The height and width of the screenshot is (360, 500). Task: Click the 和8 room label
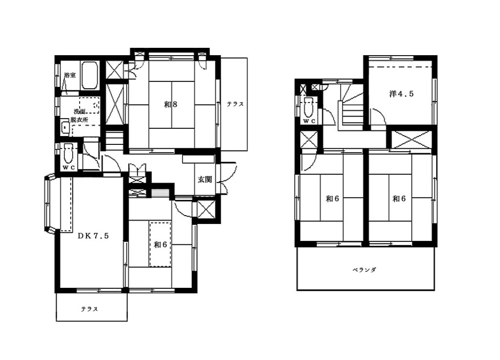(x=170, y=104)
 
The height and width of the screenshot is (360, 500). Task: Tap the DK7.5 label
(x=93, y=236)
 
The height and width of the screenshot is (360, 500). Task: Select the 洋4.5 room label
(x=401, y=94)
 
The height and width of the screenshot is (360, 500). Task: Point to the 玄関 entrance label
(x=205, y=180)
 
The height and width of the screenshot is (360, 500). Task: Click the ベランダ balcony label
(x=364, y=270)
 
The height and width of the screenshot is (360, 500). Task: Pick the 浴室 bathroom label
(x=70, y=75)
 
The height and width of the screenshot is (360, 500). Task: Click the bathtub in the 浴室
(x=89, y=76)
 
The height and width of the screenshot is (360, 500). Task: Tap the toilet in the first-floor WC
(x=68, y=153)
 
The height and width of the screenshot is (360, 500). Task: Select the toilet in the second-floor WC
(x=309, y=107)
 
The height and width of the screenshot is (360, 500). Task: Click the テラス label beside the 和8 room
(x=235, y=104)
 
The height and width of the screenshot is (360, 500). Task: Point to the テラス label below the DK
(x=89, y=309)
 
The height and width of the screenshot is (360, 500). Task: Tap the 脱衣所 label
(x=79, y=120)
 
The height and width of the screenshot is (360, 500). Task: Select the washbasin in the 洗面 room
(x=65, y=128)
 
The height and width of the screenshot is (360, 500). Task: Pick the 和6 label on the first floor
(x=160, y=244)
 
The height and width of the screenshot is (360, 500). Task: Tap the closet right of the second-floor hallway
(x=410, y=140)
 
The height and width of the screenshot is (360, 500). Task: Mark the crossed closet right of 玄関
(x=206, y=210)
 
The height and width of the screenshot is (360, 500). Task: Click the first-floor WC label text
(x=68, y=168)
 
